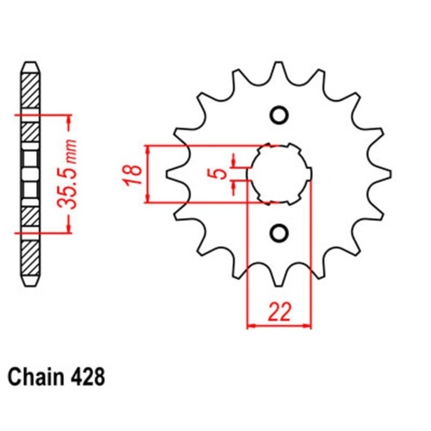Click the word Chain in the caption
coord(35,378)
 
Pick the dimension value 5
coord(222,173)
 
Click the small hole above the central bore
coord(278,116)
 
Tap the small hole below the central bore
coord(278,232)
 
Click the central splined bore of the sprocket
coord(278,173)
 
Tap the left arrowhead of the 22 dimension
coord(251,326)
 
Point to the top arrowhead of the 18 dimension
coord(151,147)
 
